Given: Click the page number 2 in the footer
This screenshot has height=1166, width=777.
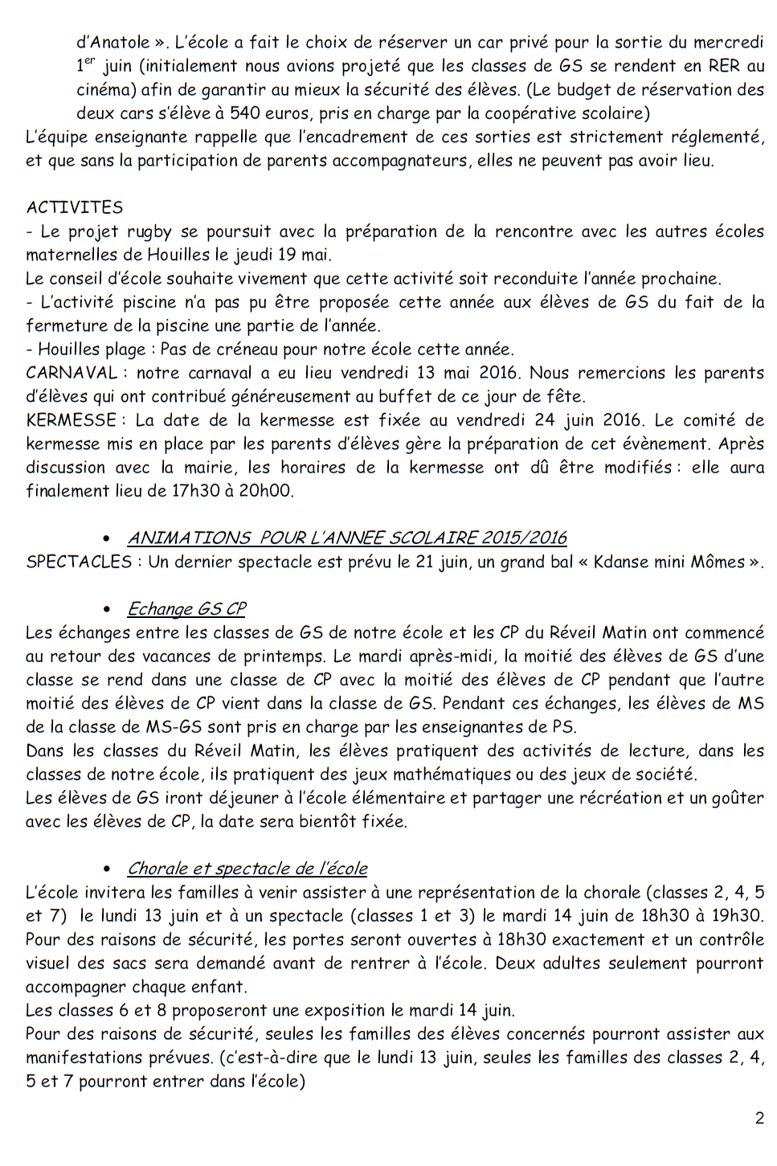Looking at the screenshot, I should (759, 1117).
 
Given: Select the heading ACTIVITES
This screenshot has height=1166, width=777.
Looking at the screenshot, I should (75, 207).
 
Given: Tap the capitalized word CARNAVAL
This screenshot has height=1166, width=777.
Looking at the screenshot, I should (72, 373).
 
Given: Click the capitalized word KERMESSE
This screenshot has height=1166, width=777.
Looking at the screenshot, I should (72, 420).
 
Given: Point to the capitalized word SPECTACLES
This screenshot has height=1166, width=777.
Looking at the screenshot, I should (79, 562).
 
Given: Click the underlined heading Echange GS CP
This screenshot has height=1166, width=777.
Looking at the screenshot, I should (186, 608).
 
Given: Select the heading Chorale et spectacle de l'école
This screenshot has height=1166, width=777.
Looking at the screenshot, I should (247, 868).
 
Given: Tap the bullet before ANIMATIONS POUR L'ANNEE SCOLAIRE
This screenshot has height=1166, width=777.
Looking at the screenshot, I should (107, 538).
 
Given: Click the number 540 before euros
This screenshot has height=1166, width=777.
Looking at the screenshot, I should (244, 113).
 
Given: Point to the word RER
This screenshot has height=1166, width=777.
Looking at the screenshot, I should (722, 66).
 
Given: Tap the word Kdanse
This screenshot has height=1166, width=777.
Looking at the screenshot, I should (624, 562).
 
